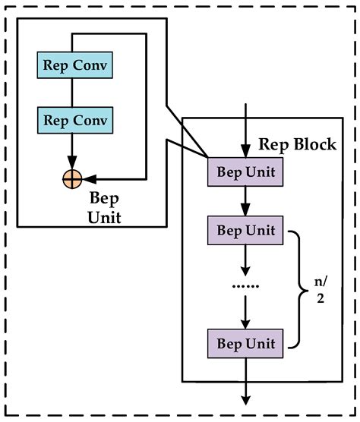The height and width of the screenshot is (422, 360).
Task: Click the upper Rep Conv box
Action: [74, 66]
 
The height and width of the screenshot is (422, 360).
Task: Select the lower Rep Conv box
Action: [74, 120]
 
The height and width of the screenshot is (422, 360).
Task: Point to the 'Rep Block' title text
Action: [298, 144]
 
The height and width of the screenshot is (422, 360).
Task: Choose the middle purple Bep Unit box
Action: [245, 229]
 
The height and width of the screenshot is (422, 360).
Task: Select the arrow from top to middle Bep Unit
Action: [245, 201]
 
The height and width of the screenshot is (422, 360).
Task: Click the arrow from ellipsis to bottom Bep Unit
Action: [245, 312]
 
